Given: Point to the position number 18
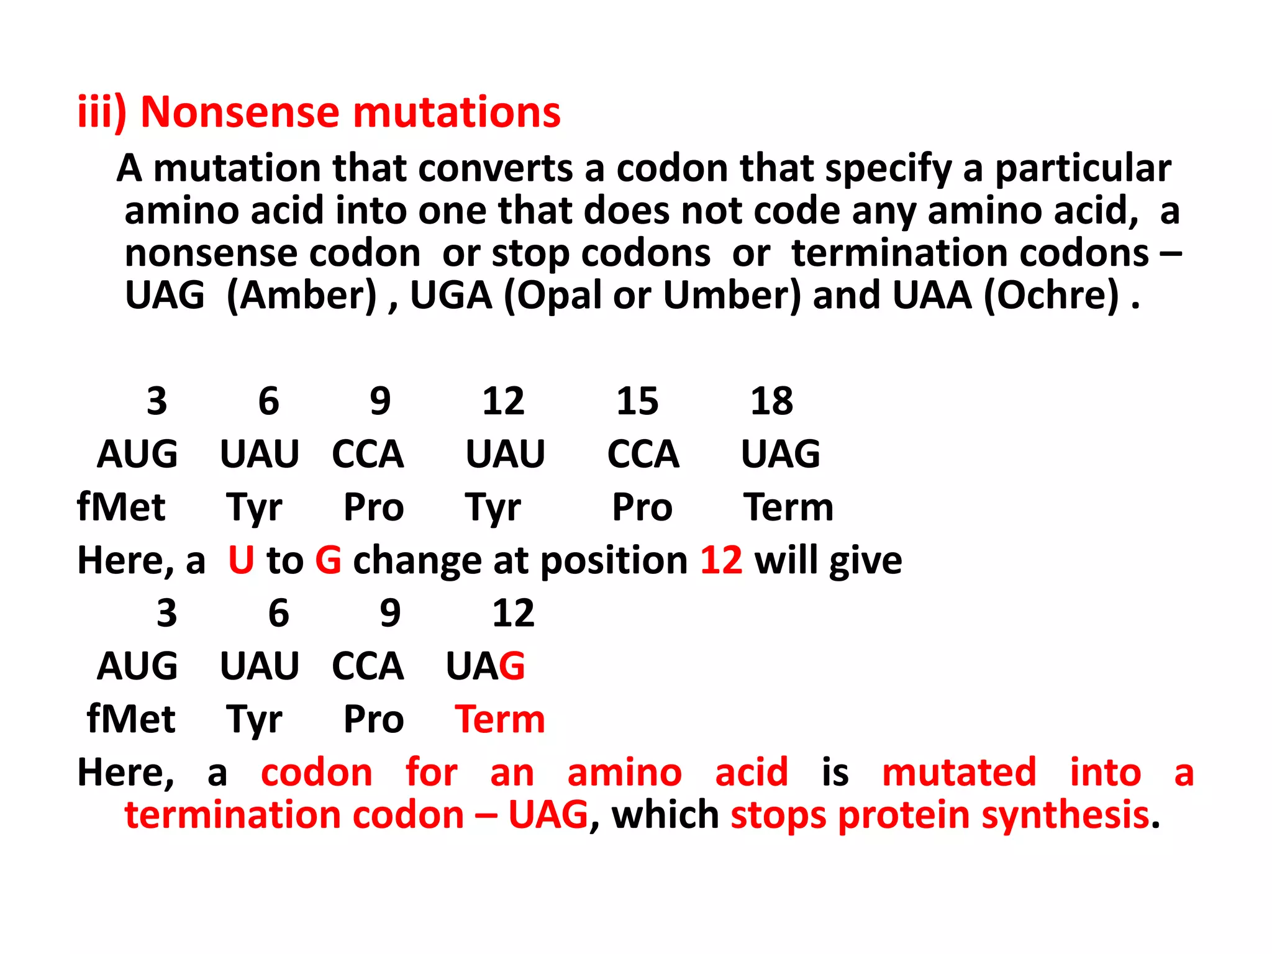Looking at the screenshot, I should [x=771, y=401].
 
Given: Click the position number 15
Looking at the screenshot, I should [x=637, y=401].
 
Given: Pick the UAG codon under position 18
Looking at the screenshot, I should [x=781, y=454].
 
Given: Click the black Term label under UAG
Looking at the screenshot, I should [x=788, y=507].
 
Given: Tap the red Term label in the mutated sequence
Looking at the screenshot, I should [x=500, y=720].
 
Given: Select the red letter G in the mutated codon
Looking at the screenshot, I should [x=512, y=666].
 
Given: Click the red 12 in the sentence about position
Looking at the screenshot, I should [x=721, y=560].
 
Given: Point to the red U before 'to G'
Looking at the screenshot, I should [x=241, y=560].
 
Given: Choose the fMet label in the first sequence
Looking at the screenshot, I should [x=121, y=507].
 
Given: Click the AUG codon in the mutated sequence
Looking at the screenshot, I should [x=137, y=666].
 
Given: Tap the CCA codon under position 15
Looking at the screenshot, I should [x=643, y=454].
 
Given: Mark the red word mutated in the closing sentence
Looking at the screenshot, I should [x=959, y=773].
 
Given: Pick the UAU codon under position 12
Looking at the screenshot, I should [x=506, y=454].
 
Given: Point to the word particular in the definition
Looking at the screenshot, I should [x=1083, y=168].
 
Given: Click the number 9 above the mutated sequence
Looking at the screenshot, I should [x=390, y=614].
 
